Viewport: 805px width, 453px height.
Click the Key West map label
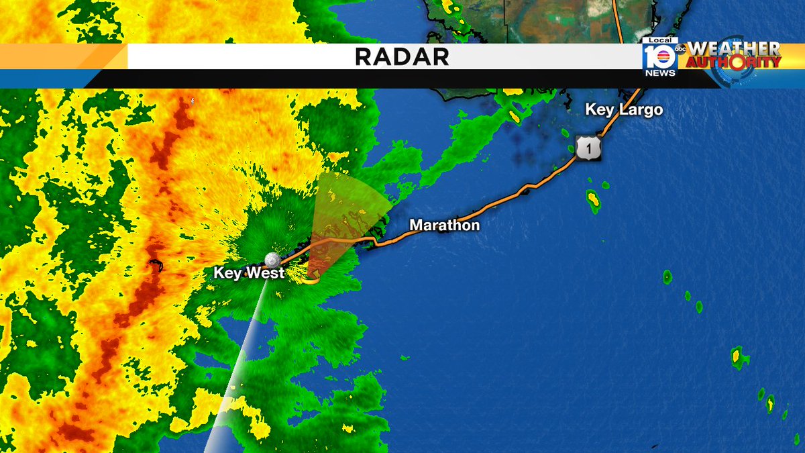pyautogui.click(x=249, y=273)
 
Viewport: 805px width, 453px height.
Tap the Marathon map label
pyautogui.click(x=445, y=225)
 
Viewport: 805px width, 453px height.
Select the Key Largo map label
pyautogui.click(x=624, y=109)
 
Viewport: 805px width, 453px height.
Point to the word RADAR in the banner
pyautogui.click(x=402, y=57)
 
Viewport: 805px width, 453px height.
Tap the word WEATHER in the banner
pyautogui.click(x=734, y=49)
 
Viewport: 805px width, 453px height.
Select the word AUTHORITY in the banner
pyautogui.click(x=734, y=62)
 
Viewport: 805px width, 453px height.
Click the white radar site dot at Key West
pyautogui.click(x=272, y=260)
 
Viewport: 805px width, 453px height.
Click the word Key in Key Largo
pyautogui.click(x=598, y=109)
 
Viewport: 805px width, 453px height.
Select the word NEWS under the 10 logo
pyautogui.click(x=661, y=72)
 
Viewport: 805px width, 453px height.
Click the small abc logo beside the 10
pyautogui.click(x=680, y=49)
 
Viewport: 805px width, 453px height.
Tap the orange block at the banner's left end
pyautogui.click(x=64, y=57)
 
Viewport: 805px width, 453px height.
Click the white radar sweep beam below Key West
pyautogui.click(x=238, y=376)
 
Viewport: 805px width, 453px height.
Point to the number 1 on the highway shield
pyautogui.click(x=588, y=150)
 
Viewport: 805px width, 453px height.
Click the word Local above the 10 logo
pyautogui.click(x=660, y=41)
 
